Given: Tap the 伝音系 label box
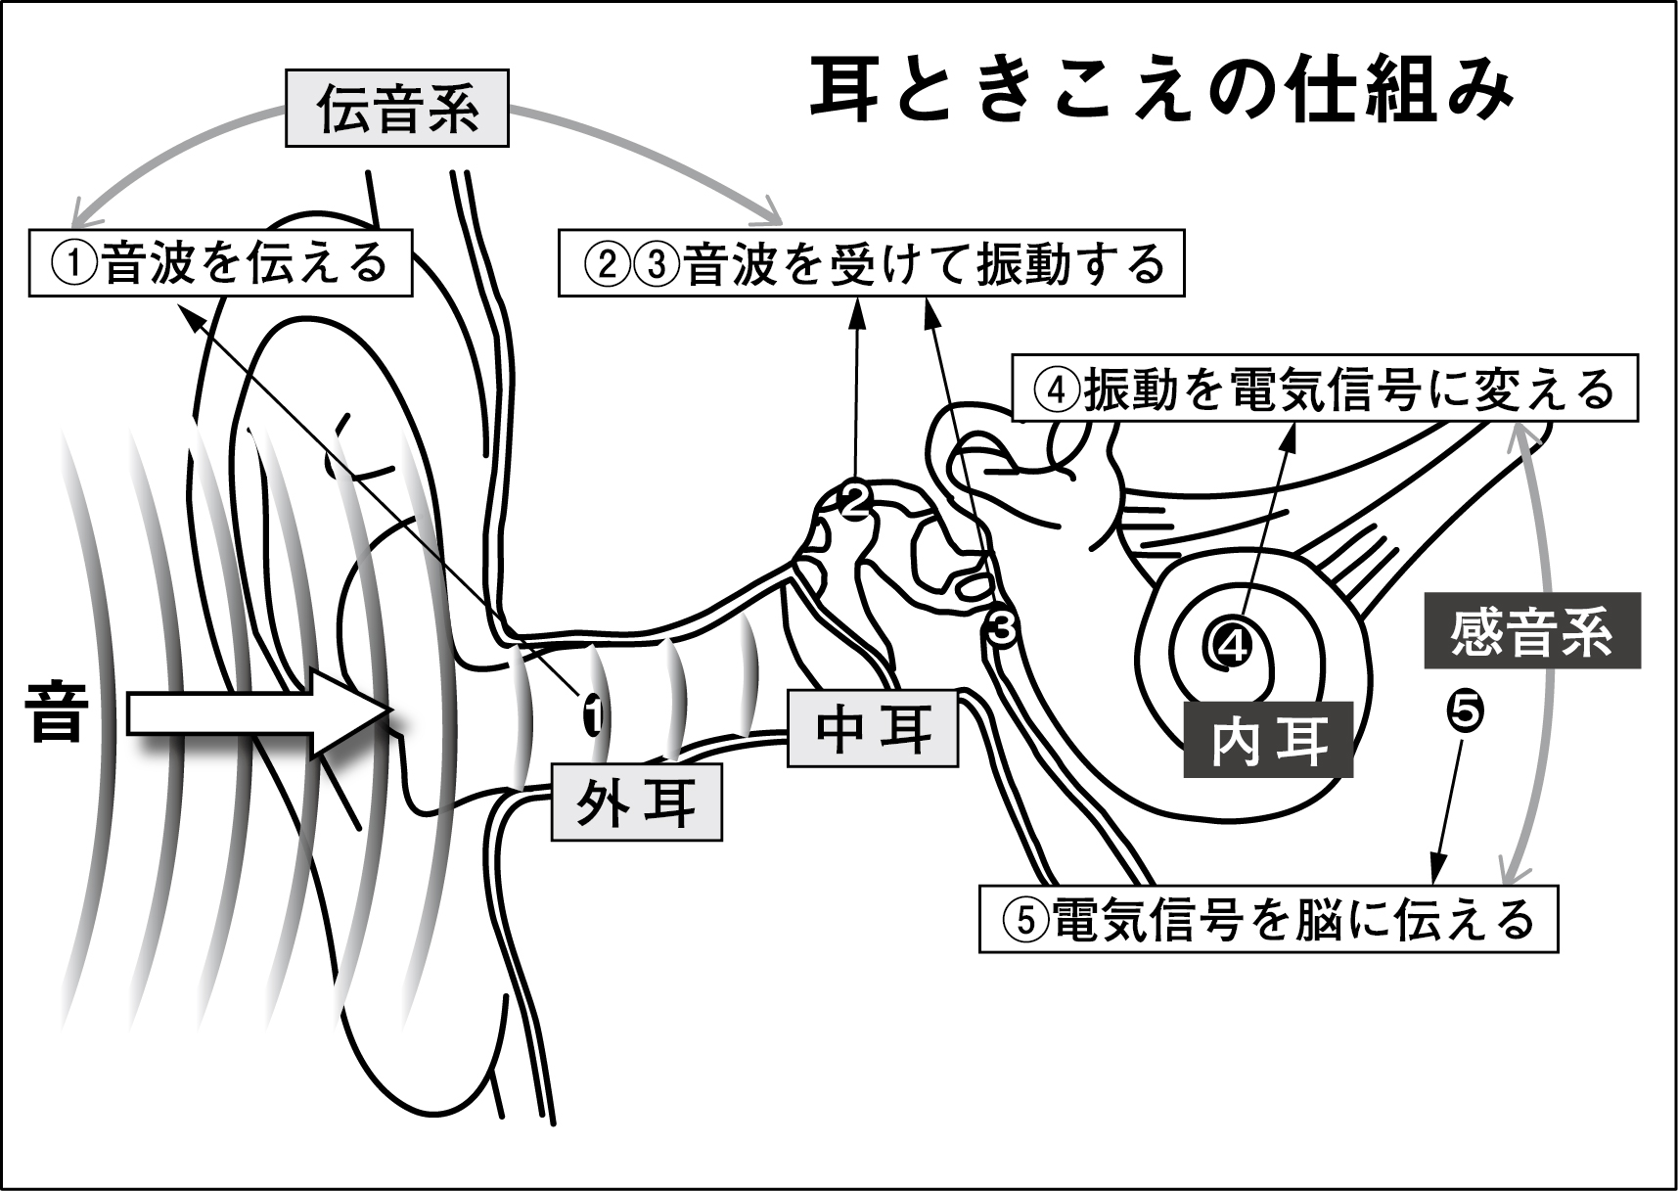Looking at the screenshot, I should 397,108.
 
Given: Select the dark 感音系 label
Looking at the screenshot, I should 1530,631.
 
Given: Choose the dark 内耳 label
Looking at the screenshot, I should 1268,741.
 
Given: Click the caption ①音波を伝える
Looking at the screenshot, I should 221,262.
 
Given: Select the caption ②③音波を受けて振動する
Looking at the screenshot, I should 871,262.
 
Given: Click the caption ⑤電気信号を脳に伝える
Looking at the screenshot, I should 1267,919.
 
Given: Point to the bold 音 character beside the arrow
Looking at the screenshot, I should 55,712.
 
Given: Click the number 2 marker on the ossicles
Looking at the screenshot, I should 854,501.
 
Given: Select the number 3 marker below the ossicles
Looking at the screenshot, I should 1002,627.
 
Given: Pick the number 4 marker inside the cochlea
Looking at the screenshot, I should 1231,644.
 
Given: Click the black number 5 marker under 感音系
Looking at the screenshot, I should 1464,710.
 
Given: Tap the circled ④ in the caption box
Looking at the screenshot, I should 1056,390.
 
